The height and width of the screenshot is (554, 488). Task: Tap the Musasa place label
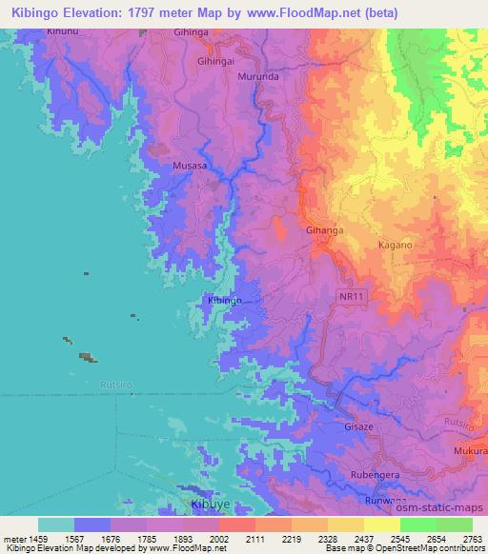(190, 166)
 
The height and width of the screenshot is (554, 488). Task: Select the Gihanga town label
(298, 230)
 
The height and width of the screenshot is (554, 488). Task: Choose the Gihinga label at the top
(191, 31)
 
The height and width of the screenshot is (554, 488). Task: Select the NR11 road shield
(352, 297)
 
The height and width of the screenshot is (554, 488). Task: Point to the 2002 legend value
(218, 538)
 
